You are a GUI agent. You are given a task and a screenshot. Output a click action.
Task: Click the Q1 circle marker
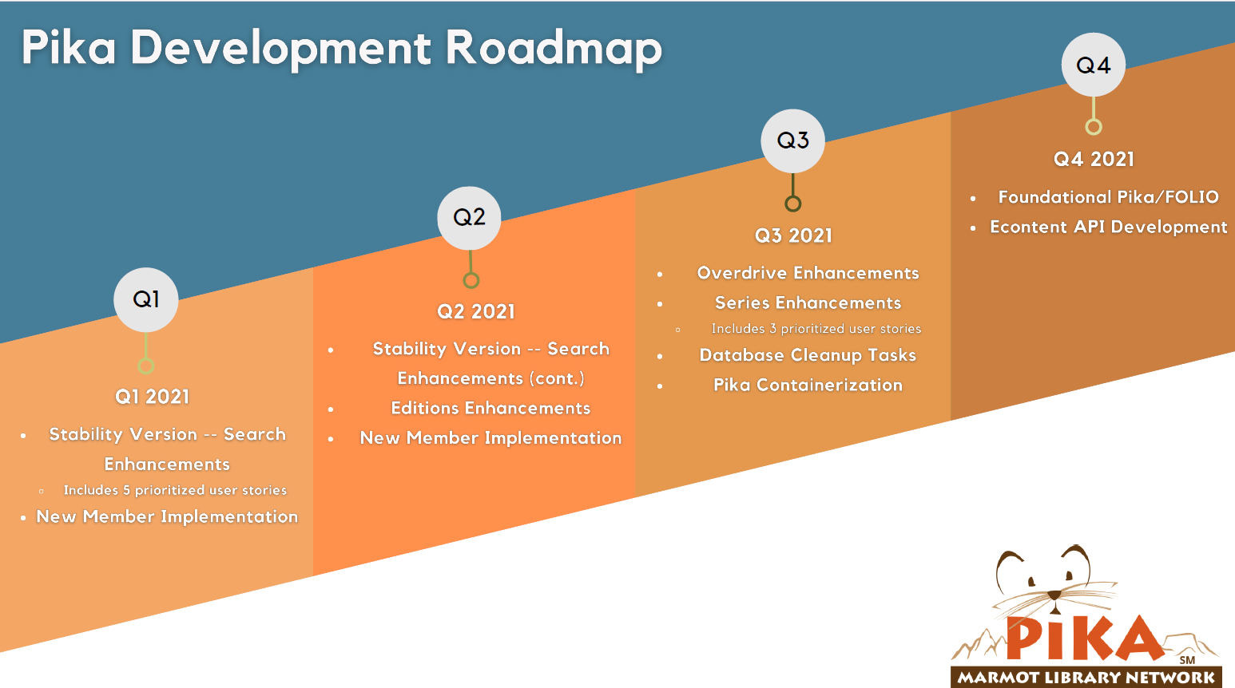click(x=146, y=299)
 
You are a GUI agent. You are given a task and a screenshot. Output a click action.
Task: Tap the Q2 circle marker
click(x=469, y=218)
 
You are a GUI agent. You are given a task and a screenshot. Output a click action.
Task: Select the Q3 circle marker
click(x=792, y=140)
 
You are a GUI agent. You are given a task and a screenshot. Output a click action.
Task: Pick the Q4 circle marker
click(x=1094, y=65)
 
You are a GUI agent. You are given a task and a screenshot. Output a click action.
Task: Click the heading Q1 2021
click(x=152, y=397)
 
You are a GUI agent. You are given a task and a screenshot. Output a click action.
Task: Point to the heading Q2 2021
click(x=476, y=312)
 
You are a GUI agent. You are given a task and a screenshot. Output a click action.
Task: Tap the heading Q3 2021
click(x=793, y=235)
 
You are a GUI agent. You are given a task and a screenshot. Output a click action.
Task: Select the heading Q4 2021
click(x=1094, y=159)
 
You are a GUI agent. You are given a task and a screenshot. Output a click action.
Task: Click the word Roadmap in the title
click(x=554, y=49)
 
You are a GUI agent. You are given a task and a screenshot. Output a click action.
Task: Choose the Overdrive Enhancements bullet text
click(x=808, y=273)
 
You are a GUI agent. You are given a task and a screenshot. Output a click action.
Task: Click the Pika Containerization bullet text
click(x=808, y=385)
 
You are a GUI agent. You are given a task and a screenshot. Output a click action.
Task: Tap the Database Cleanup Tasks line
click(x=808, y=355)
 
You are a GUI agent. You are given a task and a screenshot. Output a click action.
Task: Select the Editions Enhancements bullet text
click(x=490, y=408)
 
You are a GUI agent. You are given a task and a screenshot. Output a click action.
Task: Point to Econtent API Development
click(x=1109, y=227)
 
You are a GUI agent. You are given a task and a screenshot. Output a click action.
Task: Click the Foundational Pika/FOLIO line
click(x=1108, y=197)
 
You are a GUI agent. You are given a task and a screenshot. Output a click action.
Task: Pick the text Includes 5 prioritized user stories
click(x=175, y=490)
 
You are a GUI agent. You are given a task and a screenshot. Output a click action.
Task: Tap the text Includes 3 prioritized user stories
click(x=816, y=329)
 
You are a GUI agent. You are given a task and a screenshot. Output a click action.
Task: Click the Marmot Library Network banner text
click(x=1086, y=677)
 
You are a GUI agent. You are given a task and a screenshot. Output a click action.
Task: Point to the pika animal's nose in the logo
click(x=1054, y=595)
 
